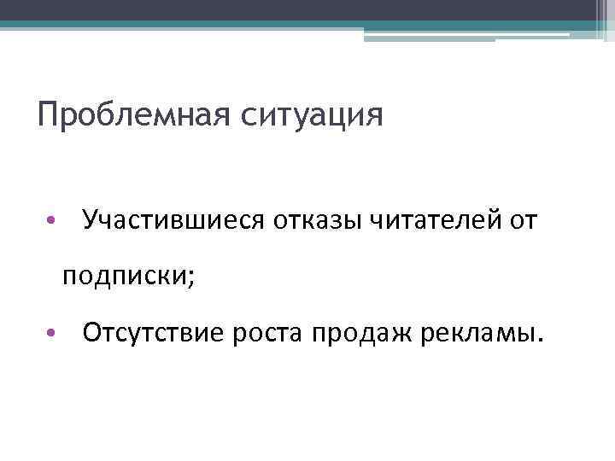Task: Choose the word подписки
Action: [x=125, y=276]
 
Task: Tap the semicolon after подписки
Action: [x=191, y=278]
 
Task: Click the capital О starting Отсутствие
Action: [x=92, y=331]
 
